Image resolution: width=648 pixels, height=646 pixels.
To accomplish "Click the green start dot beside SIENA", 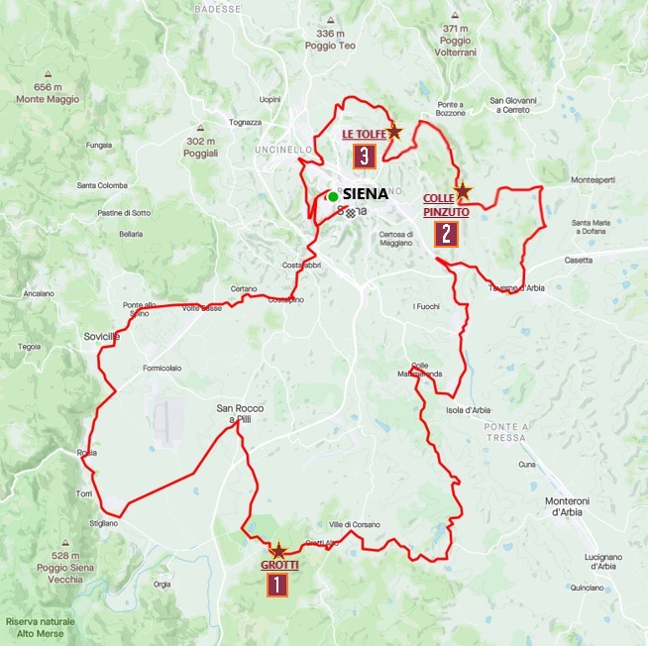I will pyautogui.click(x=333, y=196).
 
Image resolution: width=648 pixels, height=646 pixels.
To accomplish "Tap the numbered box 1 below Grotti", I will pyautogui.click(x=276, y=584).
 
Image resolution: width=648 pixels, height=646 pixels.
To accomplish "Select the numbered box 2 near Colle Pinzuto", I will pyautogui.click(x=446, y=234).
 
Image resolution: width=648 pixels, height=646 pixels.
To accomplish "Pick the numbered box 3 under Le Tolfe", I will pyautogui.click(x=365, y=156).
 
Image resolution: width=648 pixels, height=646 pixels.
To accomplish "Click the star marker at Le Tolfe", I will pyautogui.click(x=393, y=131).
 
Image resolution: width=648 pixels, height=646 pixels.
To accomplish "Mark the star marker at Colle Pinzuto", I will pyautogui.click(x=461, y=189).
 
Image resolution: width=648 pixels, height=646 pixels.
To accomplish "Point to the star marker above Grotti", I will pyautogui.click(x=278, y=550).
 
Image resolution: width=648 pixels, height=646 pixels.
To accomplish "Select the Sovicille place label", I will pyautogui.click(x=101, y=338).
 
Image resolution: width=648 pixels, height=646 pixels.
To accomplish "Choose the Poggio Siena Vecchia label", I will pyautogui.click(x=65, y=562).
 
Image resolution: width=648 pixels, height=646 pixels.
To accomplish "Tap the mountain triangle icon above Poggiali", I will pyautogui.click(x=201, y=127).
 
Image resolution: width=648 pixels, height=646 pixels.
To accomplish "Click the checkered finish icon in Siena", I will pyautogui.click(x=350, y=212).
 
